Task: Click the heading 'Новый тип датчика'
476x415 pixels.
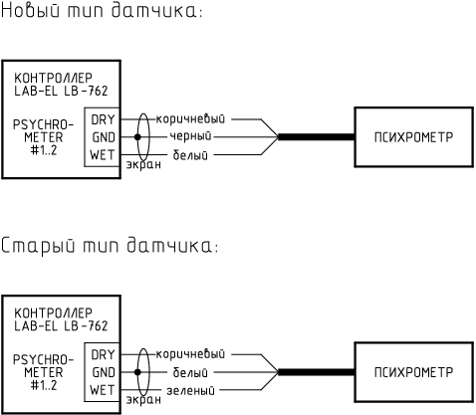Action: pos(102,11)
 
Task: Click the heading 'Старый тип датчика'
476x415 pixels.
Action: pos(110,246)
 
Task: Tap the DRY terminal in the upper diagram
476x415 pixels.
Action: pos(103,119)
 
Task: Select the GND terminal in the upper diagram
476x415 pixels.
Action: pos(104,137)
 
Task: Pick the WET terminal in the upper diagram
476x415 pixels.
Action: pos(103,155)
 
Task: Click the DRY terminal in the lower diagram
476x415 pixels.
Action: pos(103,355)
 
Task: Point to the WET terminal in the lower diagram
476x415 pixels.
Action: pos(103,390)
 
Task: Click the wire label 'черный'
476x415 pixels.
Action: pos(190,136)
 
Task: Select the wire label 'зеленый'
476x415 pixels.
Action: pos(190,391)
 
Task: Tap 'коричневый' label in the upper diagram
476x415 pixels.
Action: pos(190,118)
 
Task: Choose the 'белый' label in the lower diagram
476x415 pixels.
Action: pos(190,372)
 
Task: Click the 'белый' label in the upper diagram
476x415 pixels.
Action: pos(190,155)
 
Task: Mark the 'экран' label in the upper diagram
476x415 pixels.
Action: pos(143,164)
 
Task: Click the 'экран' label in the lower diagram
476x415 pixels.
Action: pos(143,400)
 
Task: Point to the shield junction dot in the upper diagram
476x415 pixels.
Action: pos(137,137)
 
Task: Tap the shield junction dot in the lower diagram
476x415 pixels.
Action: pos(137,372)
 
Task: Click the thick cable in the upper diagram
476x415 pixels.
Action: pos(317,137)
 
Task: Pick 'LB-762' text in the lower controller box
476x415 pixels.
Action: pos(86,326)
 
